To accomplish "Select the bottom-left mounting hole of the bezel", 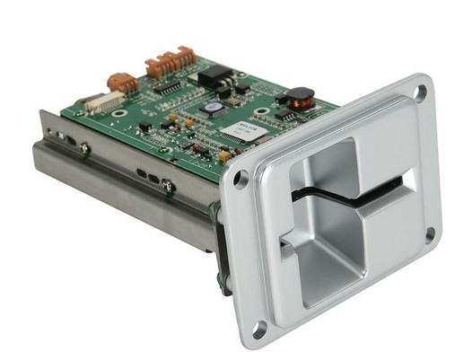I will click(259, 331).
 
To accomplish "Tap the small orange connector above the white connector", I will click(123, 83).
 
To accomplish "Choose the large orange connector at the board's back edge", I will click(172, 62).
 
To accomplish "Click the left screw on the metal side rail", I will click(83, 147).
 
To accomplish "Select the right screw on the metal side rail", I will click(167, 185).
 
